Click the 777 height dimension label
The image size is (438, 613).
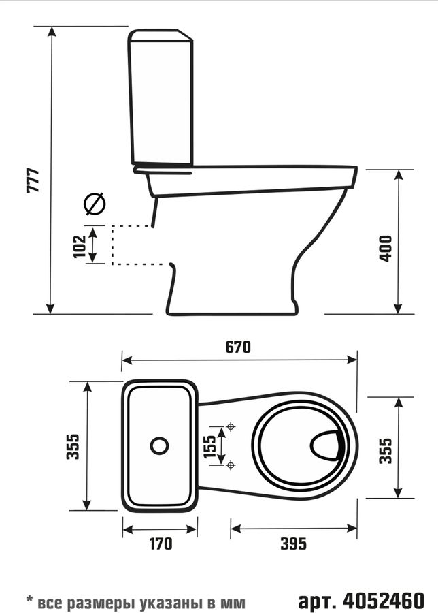[33, 180]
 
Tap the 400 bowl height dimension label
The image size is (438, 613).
[386, 248]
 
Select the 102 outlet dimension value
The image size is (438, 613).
[80, 247]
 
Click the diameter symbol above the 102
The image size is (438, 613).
[95, 204]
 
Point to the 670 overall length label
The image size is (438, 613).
[238, 347]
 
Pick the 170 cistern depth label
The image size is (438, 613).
[161, 544]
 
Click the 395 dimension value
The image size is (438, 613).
[294, 544]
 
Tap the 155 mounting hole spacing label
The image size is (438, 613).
[209, 446]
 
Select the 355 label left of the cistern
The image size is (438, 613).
[73, 446]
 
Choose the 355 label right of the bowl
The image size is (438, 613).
[386, 451]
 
